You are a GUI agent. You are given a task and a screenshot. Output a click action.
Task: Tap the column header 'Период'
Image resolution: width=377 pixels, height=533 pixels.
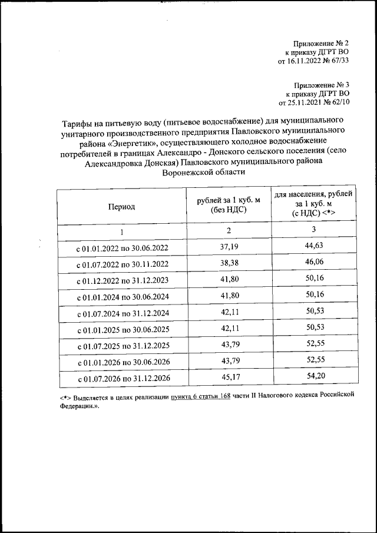click(121, 207)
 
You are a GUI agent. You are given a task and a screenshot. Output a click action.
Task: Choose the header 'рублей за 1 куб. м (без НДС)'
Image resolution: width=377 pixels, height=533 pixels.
click(228, 206)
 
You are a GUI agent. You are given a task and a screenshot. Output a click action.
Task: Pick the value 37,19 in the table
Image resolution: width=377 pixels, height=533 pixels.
click(228, 245)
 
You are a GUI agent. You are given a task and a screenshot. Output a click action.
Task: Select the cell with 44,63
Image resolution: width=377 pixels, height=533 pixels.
click(313, 245)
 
